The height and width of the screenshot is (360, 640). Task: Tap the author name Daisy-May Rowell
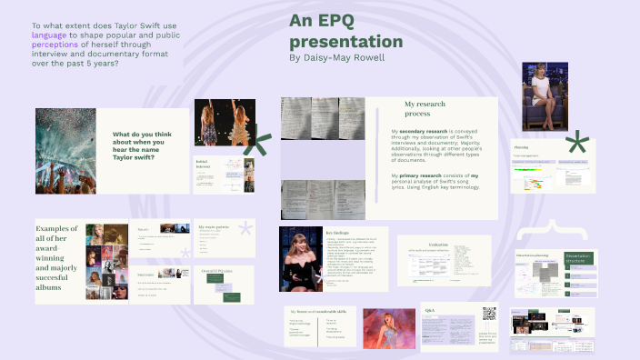click(337, 57)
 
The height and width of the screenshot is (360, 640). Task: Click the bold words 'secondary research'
click(433, 131)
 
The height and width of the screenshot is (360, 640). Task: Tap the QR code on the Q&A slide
click(489, 314)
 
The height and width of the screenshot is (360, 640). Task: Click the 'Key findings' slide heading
click(338, 233)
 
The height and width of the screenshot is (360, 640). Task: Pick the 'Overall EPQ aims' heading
click(218, 270)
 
